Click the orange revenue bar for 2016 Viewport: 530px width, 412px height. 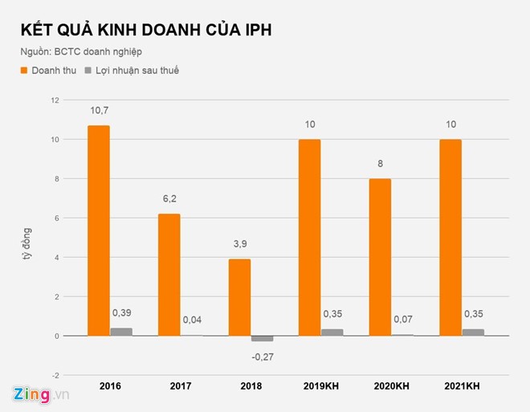(x=99, y=230)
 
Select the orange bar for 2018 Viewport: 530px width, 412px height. (x=240, y=297)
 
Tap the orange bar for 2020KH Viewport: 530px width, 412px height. (x=380, y=257)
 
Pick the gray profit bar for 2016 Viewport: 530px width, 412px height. (x=122, y=332)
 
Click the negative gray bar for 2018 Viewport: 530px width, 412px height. (x=263, y=339)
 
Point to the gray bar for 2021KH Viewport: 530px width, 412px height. (x=474, y=332)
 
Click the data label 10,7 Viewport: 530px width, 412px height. (x=99, y=108)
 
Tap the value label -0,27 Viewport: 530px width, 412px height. (x=263, y=355)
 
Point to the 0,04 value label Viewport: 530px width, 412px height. (x=193, y=320)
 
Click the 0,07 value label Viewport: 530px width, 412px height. (x=403, y=320)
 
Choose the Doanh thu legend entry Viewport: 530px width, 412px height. (x=48, y=71)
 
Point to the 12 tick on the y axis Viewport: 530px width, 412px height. (x=55, y=100)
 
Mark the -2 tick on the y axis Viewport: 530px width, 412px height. (x=55, y=375)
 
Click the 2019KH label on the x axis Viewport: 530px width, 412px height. (x=320, y=387)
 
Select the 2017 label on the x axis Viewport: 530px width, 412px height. (x=181, y=387)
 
